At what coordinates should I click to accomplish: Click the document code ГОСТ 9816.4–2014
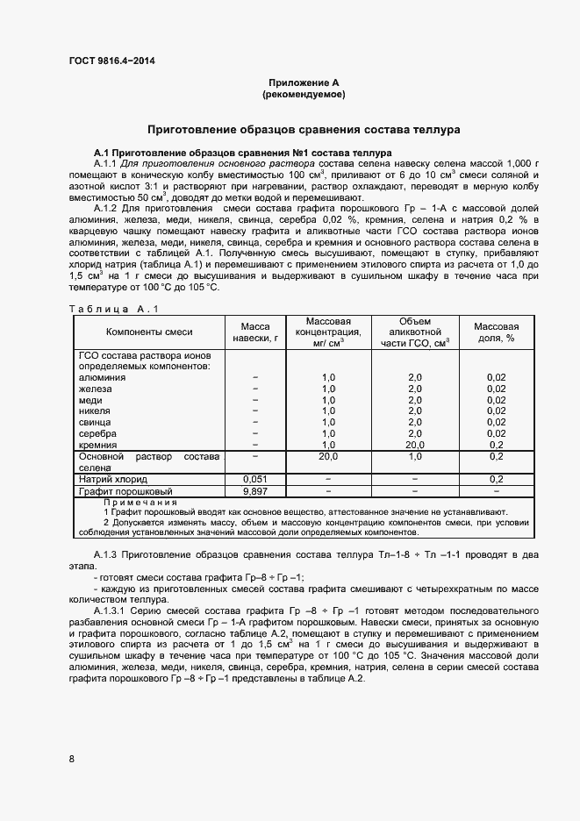click(116, 61)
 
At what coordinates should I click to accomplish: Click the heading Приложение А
click(303, 82)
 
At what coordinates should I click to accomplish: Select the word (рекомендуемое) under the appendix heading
click(303, 93)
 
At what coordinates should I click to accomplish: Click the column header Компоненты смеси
click(149, 332)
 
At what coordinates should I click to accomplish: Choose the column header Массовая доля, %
click(496, 332)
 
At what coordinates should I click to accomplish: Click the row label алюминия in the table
click(102, 377)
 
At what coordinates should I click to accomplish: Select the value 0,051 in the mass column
click(254, 479)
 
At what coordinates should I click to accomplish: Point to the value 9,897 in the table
click(254, 492)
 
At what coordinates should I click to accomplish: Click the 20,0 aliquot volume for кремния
click(415, 445)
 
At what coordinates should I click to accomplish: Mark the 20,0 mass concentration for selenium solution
click(328, 456)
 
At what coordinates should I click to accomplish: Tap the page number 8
click(71, 758)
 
